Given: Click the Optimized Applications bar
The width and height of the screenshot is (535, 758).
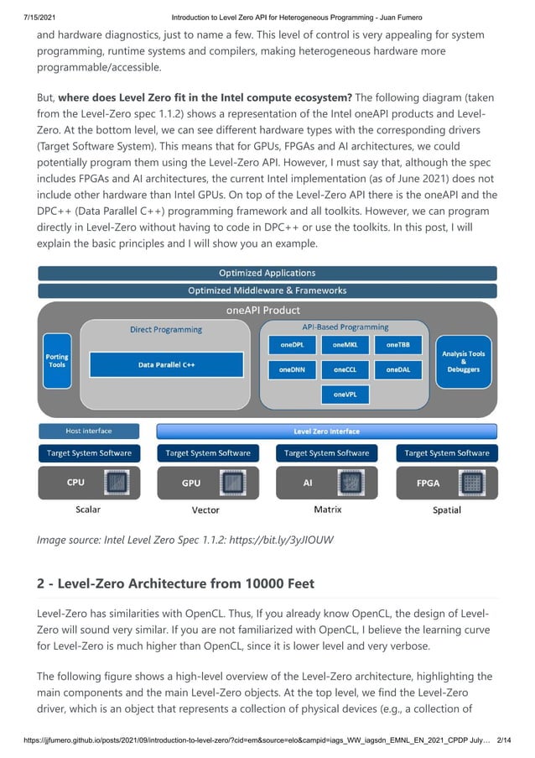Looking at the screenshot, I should [267, 273].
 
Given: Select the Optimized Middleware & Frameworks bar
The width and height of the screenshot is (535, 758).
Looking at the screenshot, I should [267, 290].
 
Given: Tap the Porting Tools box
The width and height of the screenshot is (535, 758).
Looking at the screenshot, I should [57, 361].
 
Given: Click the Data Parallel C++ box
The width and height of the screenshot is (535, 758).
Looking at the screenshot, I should [166, 365].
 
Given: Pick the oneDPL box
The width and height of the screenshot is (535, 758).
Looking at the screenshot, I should [292, 344].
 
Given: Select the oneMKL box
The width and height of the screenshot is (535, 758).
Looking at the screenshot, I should [345, 344].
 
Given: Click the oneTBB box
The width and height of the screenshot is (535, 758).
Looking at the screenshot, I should [397, 344].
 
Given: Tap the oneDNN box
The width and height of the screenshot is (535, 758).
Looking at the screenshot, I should [292, 369].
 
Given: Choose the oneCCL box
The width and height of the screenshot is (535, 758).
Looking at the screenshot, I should [345, 369].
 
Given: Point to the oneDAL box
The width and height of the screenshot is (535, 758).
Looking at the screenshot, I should [397, 369].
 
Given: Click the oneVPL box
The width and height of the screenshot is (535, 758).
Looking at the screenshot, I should [345, 393].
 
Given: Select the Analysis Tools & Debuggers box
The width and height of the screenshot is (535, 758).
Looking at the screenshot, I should [464, 361].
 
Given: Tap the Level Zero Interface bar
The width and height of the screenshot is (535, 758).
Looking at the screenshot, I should [326, 431].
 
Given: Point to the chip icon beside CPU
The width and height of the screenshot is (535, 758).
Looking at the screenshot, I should [116, 484].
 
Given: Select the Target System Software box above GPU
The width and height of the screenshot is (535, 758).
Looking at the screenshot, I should [208, 453].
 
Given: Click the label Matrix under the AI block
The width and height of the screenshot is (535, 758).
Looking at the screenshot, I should [327, 510].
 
